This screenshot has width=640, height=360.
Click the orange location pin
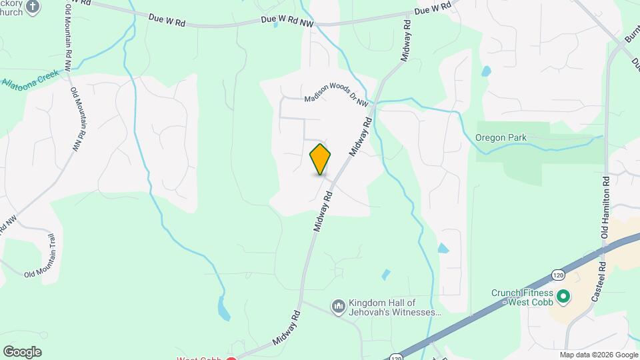tap(321, 159)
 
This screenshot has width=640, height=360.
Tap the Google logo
tap(22, 352)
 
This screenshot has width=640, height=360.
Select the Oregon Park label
tap(501, 138)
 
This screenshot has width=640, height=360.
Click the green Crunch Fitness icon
tap(563, 295)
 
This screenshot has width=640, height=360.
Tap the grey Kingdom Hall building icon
tap(338, 307)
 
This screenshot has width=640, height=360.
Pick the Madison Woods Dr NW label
tap(337, 97)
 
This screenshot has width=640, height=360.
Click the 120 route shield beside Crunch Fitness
tap(558, 274)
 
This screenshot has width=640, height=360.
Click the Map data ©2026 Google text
tap(599, 355)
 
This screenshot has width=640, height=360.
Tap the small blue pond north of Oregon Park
tap(486, 70)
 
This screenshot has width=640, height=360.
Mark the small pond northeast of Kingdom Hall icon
tap(385, 274)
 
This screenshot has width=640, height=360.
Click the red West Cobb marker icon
tap(231, 359)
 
